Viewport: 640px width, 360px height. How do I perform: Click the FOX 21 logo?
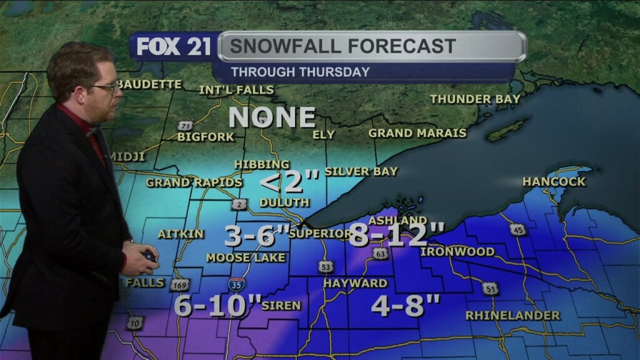pos(174,47)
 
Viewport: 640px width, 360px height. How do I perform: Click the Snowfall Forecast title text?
pos(342,46)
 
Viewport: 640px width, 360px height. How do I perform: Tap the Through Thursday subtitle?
pos(300,72)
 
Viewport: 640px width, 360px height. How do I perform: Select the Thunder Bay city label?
pos(475,99)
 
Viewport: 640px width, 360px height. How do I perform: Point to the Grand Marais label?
pos(417,133)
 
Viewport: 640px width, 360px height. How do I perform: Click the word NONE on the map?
pos(272,117)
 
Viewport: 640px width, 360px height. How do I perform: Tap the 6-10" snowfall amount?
pos(217,306)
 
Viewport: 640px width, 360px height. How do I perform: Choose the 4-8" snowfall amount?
pos(406,306)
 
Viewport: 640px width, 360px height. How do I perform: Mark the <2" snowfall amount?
pos(289,182)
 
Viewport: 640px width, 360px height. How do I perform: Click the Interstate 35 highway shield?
pos(236,285)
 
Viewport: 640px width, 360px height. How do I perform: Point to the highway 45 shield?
pos(517,229)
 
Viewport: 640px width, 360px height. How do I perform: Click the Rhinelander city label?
pos(512,316)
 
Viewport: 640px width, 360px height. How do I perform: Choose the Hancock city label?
pos(554,182)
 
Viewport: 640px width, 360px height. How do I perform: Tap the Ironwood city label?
pos(457,252)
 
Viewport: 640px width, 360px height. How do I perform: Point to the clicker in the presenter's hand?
pos(149,256)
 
